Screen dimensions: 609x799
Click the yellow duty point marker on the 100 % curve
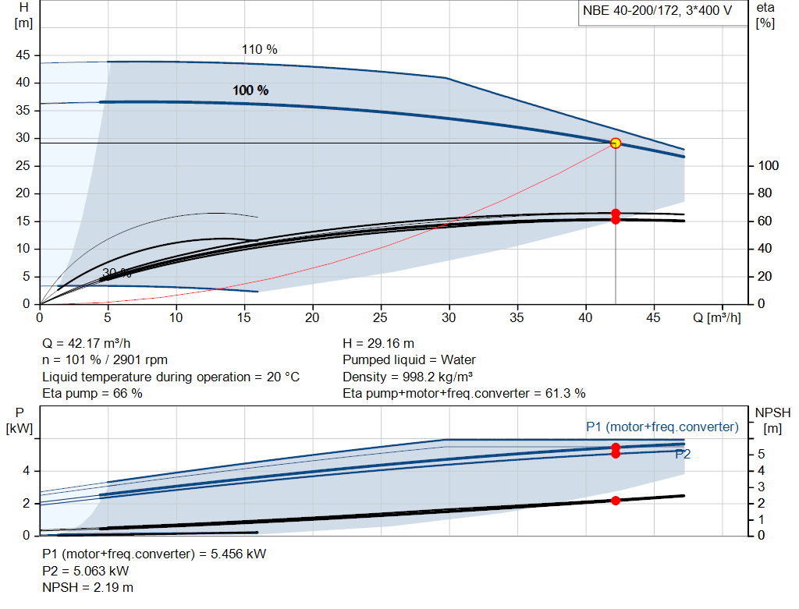(x=616, y=143)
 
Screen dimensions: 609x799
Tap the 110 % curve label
(x=259, y=49)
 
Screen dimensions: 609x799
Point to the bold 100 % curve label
(x=250, y=90)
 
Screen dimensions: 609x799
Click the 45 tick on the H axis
(x=23, y=55)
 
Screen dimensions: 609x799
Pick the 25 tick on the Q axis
(x=381, y=318)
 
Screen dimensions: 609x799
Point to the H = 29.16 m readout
(x=378, y=343)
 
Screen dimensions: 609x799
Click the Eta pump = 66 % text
(x=92, y=394)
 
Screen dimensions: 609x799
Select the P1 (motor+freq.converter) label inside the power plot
(x=662, y=427)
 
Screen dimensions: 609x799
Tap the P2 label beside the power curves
(x=683, y=454)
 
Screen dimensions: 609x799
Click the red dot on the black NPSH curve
(x=616, y=501)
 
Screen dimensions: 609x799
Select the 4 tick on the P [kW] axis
(x=26, y=471)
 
